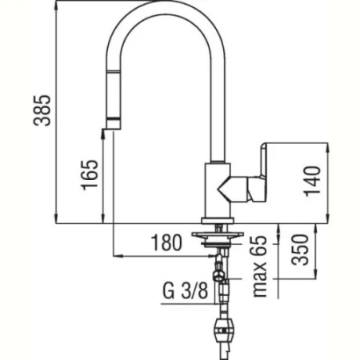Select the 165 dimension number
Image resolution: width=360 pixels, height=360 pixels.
pyautogui.click(x=90, y=175)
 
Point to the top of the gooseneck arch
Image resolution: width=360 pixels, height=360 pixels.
pyautogui.click(x=164, y=6)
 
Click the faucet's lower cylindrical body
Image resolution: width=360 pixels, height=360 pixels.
pyautogui.click(x=218, y=192)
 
